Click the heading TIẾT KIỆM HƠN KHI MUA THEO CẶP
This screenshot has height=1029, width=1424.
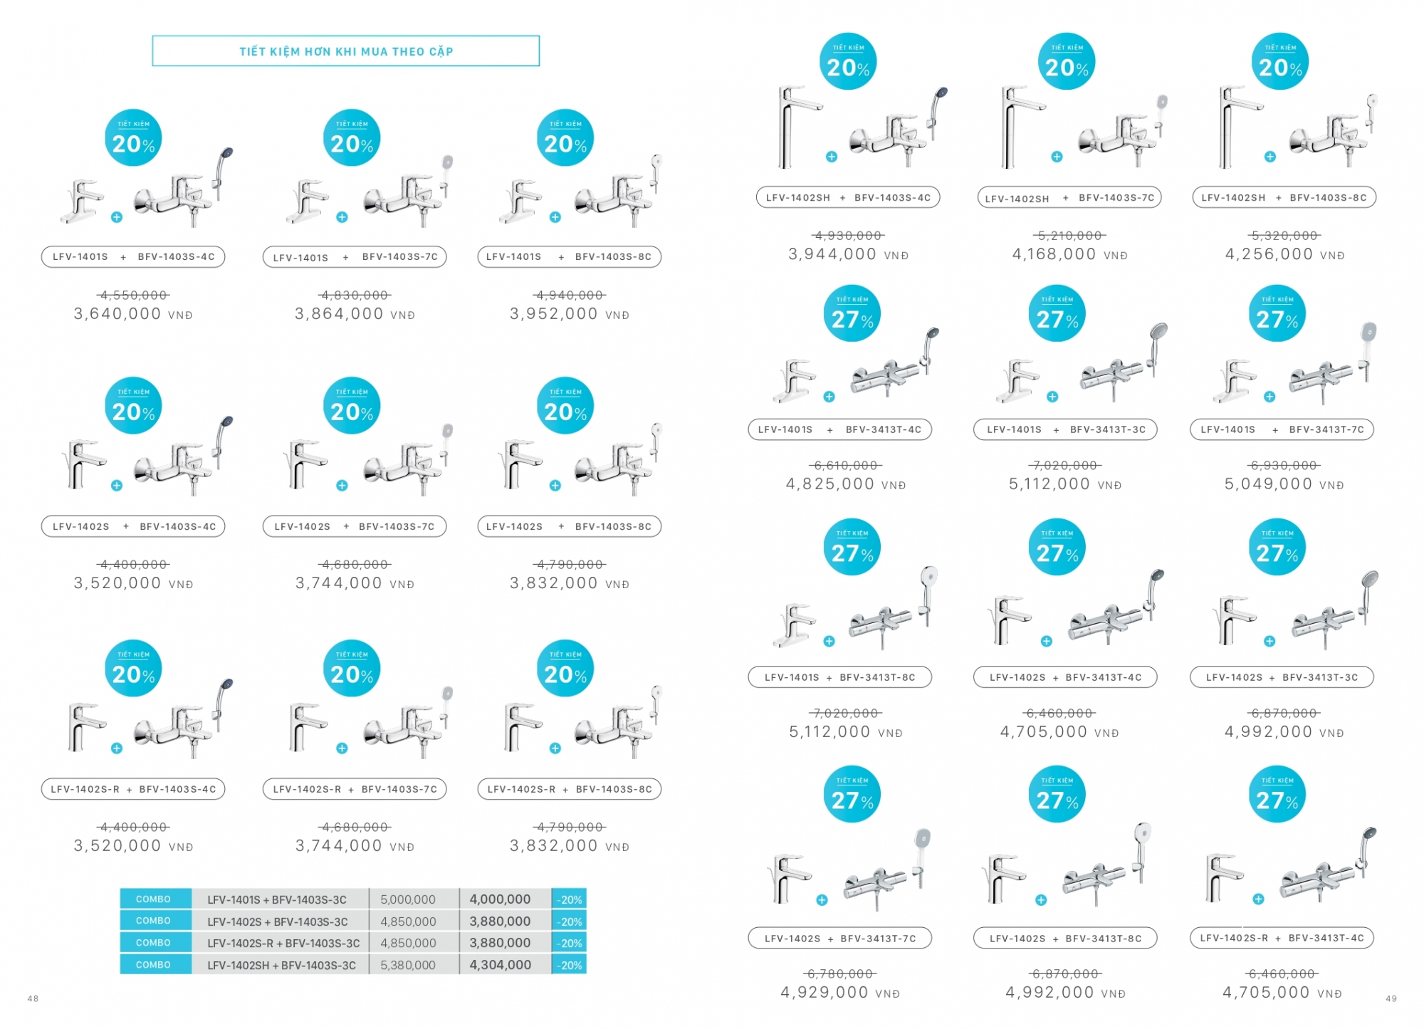[346, 51]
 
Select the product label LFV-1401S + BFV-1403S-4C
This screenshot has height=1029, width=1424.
[133, 256]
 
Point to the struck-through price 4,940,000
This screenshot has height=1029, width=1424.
[569, 295]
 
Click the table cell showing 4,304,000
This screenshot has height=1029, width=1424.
[500, 965]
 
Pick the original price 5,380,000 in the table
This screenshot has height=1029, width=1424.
[407, 965]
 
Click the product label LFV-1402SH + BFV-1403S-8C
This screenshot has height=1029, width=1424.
[1284, 197]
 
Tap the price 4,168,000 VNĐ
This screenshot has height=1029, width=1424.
[1069, 254]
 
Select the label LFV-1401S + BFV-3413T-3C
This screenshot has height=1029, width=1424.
[1066, 429]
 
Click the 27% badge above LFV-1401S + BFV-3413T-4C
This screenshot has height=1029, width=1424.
[852, 314]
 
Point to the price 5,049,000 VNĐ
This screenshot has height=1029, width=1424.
[1284, 484]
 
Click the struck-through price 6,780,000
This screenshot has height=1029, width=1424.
[840, 973]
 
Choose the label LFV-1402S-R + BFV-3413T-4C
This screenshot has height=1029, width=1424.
[1282, 938]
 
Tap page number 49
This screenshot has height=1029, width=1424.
[1391, 999]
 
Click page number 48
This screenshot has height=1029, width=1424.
[33, 998]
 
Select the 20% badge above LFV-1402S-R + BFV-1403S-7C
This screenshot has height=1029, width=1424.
[352, 669]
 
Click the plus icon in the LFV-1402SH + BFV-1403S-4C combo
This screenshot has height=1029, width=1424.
[832, 157]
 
